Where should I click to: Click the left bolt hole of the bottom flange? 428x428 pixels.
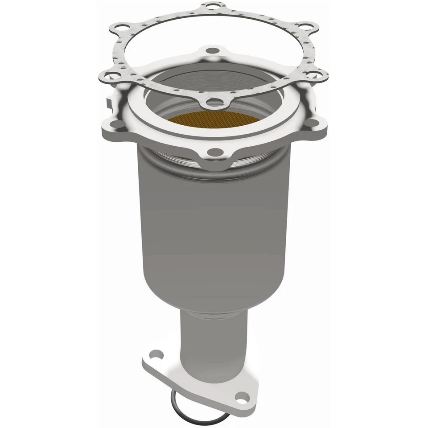tap(154, 355)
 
